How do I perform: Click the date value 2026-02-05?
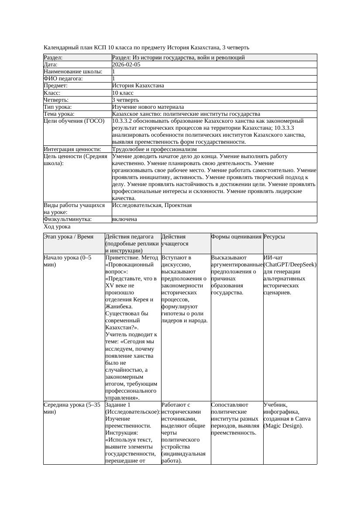(x=126, y=65)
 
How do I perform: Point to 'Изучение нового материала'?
(x=148, y=107)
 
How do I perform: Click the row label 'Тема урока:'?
(x=59, y=114)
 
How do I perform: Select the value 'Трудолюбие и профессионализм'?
(x=154, y=149)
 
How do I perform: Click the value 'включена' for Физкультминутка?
(x=124, y=219)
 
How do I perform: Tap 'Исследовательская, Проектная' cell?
(x=152, y=205)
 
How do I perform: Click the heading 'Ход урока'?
(x=57, y=227)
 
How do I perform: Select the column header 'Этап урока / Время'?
(x=69, y=237)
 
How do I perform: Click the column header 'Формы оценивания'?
(x=236, y=237)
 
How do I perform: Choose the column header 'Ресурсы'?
(x=274, y=237)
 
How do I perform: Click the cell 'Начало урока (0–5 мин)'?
(x=68, y=261)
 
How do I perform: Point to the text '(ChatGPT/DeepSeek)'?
(x=290, y=265)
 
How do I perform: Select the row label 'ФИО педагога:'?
(x=63, y=79)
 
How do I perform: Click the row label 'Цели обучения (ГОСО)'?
(x=74, y=121)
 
